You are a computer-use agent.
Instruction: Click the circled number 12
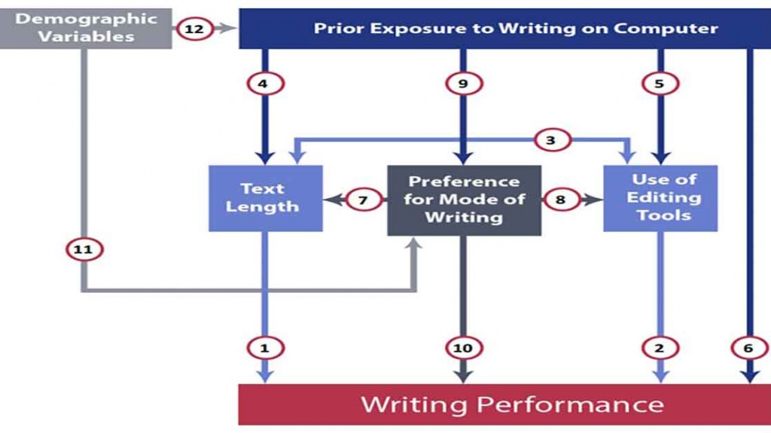tap(194, 29)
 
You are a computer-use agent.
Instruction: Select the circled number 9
tap(462, 84)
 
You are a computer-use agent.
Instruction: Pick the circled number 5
tap(660, 84)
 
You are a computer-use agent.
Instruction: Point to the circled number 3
tap(550, 139)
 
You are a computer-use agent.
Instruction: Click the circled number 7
tap(363, 200)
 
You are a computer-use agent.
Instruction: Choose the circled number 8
tap(560, 200)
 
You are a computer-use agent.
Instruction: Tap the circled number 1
tap(264, 348)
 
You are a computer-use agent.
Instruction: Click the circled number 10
tap(462, 348)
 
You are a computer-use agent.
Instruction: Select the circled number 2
tap(660, 348)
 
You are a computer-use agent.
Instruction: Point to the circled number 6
tap(748, 348)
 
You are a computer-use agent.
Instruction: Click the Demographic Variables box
tap(85, 28)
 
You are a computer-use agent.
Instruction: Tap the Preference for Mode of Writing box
tap(464, 200)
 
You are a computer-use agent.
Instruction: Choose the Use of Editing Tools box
tap(660, 198)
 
